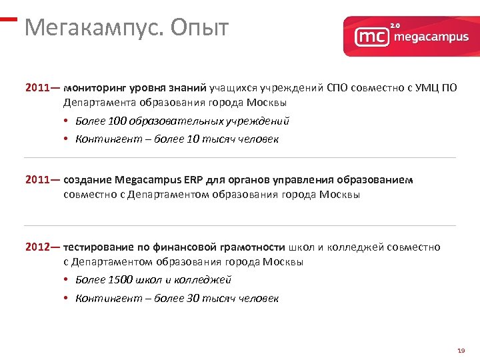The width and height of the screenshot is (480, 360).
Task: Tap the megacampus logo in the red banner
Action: point(411,36)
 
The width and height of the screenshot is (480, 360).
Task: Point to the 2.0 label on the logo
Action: point(395,25)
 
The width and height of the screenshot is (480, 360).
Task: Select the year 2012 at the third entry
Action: point(37,247)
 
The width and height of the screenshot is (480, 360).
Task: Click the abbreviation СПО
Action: point(338,88)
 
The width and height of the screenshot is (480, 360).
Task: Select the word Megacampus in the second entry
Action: point(143,180)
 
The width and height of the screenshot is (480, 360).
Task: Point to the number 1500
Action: point(119,280)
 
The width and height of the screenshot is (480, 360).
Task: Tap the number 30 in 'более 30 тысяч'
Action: point(194,299)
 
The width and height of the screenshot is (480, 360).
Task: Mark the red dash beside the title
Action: point(8,19)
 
